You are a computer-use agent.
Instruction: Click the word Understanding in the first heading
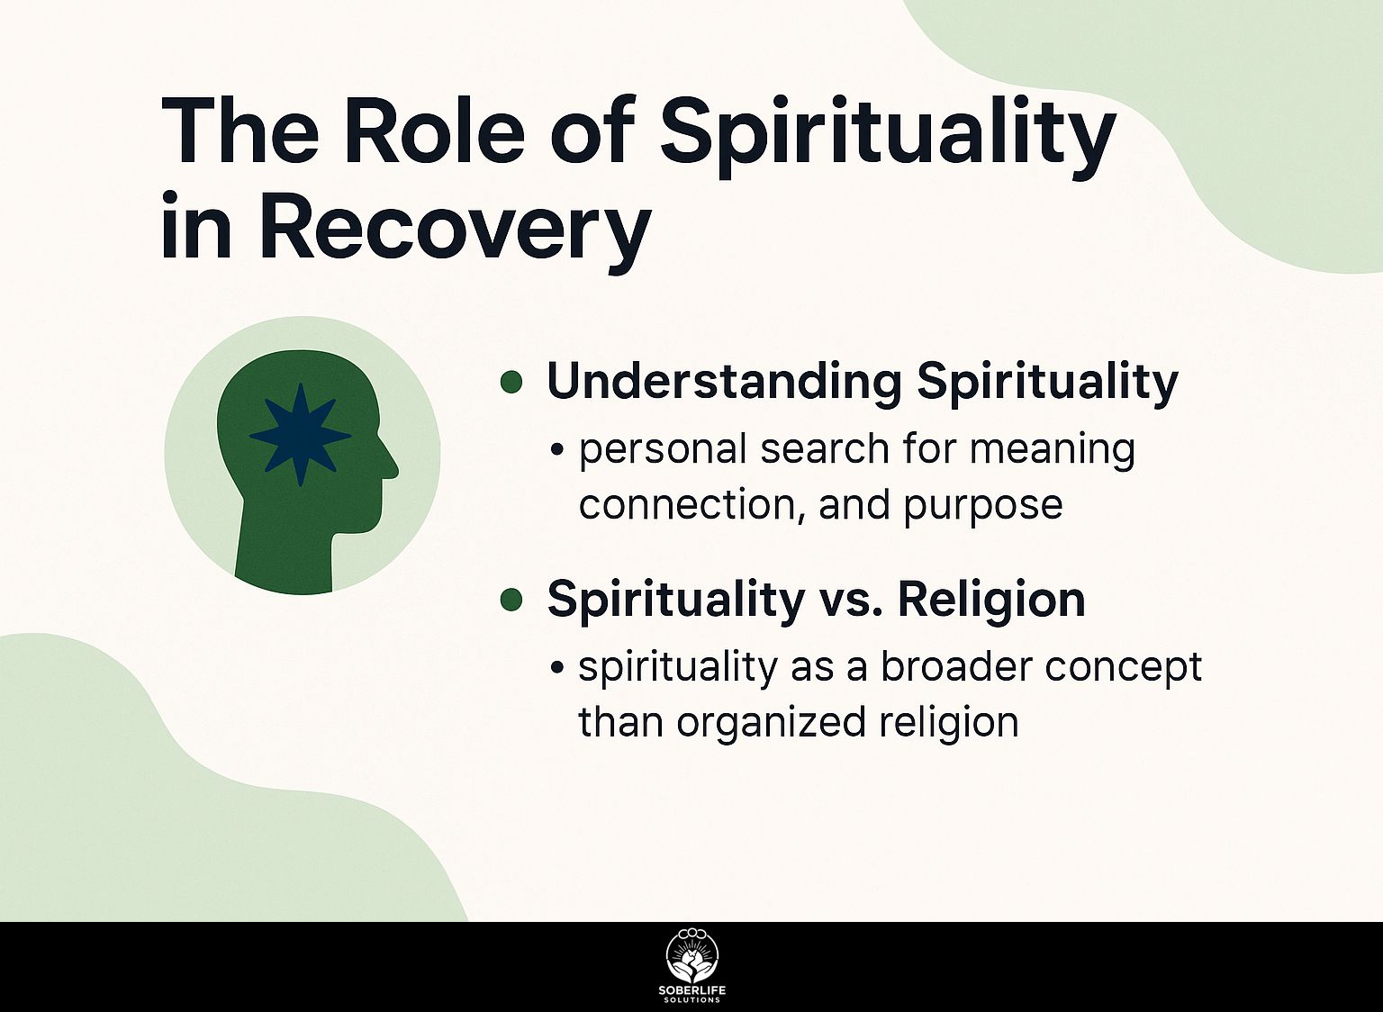(722, 382)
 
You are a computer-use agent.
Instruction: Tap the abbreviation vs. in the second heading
(850, 601)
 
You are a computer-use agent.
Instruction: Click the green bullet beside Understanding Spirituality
(511, 383)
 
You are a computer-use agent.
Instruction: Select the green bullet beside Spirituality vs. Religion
(511, 600)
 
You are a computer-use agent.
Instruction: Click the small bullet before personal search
(557, 449)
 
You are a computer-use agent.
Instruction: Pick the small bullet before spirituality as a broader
(557, 667)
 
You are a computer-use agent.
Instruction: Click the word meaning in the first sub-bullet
(1052, 450)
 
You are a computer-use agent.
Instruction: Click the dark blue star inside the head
(300, 435)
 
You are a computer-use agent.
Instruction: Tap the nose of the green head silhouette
(391, 466)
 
